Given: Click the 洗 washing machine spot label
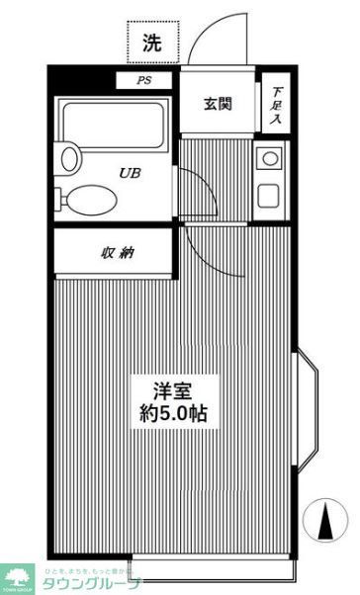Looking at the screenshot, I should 151,42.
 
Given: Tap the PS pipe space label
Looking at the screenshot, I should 143,81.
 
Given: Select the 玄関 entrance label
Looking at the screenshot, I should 218,104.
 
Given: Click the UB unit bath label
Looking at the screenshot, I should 130,173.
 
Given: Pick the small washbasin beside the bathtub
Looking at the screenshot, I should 69,155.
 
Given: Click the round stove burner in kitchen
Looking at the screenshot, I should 268,158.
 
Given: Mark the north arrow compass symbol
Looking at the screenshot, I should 325,519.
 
